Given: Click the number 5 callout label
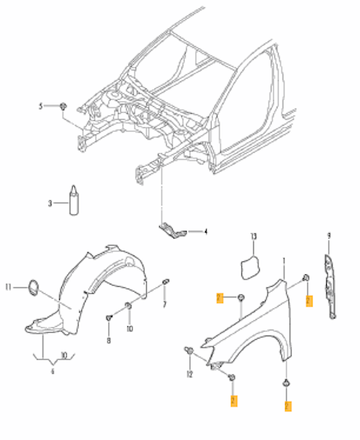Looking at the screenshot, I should tap(41, 107).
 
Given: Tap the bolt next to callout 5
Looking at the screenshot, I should tap(63, 107).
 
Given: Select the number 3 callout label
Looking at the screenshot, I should tap(50, 204).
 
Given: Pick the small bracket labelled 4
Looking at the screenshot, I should tap(171, 229).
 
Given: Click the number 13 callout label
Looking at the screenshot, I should tap(253, 237).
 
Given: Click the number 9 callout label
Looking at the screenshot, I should tap(328, 235).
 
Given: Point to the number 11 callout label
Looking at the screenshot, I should tap(9, 287).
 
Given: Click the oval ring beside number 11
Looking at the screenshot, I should tap(33, 288).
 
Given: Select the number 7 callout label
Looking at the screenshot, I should tap(164, 305).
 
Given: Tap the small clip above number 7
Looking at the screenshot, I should tap(166, 280).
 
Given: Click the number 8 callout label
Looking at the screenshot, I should tap(109, 340).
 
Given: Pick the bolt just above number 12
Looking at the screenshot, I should tap(189, 351).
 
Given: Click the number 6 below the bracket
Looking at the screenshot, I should tap(51, 372).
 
